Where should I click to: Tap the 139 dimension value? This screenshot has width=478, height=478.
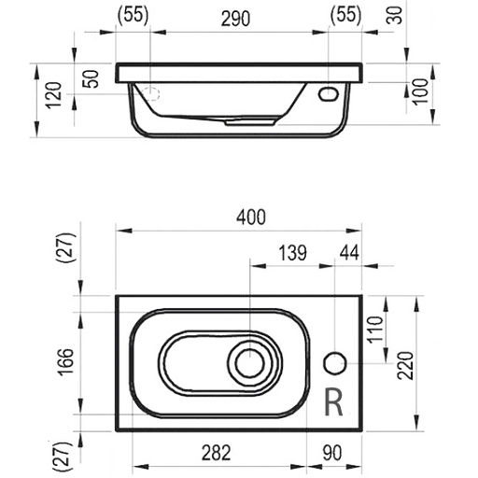click(291, 251)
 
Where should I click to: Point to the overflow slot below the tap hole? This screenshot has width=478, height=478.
click(332, 401)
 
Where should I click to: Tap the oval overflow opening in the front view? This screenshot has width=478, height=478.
click(329, 93)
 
